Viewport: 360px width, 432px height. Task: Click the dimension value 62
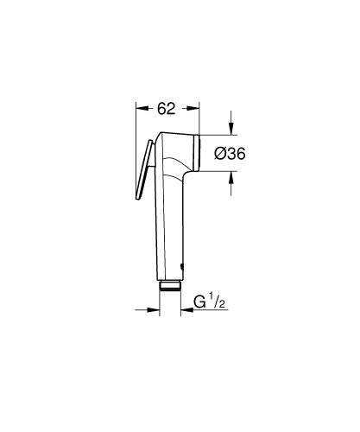[167, 109]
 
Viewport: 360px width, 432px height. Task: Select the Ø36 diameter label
[231, 153]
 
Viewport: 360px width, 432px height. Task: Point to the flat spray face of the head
[198, 153]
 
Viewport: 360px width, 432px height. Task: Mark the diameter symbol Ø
[219, 153]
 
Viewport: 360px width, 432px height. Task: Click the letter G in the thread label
[199, 304]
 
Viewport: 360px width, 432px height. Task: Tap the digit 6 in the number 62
[162, 109]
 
